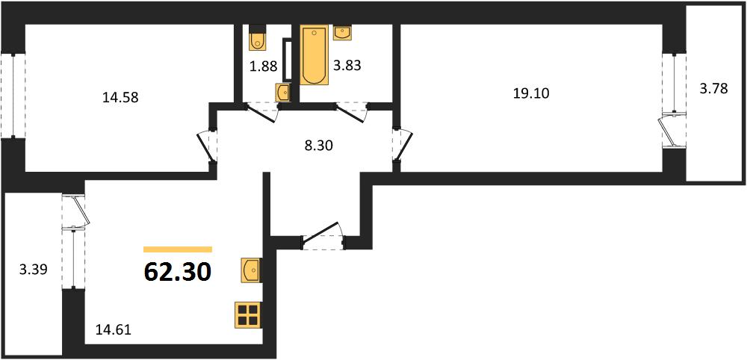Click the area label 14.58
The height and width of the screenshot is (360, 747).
point(120,98)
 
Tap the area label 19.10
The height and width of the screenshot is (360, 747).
point(531,94)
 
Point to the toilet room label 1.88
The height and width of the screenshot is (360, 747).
point(264,66)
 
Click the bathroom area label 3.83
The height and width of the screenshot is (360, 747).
point(347,66)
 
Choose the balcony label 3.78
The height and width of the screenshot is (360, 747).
point(713,89)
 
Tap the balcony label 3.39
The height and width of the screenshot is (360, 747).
point(34,270)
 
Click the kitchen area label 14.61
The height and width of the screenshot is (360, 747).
point(113,329)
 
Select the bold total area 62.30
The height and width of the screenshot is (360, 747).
point(177,273)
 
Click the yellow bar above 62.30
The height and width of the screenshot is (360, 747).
point(178,249)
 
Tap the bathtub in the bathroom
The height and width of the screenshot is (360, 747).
point(314,55)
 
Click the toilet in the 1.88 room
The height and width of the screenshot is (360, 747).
point(257,38)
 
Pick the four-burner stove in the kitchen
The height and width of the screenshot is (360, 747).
point(247,315)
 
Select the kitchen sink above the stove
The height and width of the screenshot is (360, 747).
point(250,270)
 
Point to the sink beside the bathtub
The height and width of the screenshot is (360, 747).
point(342,32)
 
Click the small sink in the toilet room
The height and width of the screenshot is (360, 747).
point(283,92)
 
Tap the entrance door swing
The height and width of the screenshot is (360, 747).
point(323,236)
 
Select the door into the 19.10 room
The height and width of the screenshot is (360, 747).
point(403,145)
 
